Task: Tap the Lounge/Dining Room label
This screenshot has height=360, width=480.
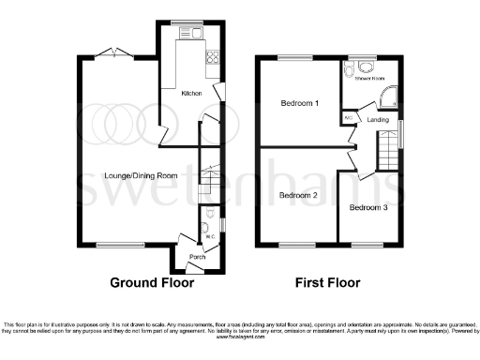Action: [x=141, y=176]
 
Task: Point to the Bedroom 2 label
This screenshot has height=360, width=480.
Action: [x=298, y=195]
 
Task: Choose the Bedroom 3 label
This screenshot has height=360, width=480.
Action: [x=369, y=207]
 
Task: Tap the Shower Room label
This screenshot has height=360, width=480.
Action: [x=369, y=79]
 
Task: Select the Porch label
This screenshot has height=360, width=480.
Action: [x=197, y=256]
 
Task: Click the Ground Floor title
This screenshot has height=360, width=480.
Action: [x=152, y=281]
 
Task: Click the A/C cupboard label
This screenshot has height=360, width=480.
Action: [x=349, y=119]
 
